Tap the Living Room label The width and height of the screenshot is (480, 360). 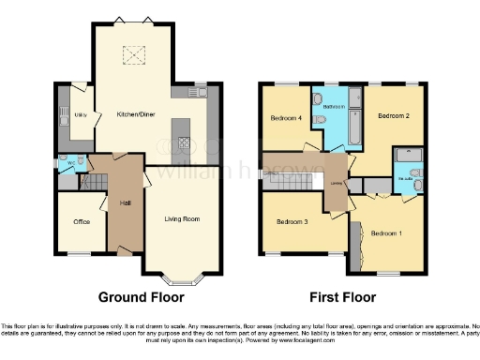click(183, 219)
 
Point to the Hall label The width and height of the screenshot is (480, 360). click(125, 202)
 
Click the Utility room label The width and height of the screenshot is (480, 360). click(80, 116)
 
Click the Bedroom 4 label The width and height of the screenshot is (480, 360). click(286, 118)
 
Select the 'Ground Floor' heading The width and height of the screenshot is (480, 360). click(142, 297)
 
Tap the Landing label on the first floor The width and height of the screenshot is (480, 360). click(335, 185)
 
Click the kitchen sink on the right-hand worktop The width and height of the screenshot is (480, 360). click(198, 92)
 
